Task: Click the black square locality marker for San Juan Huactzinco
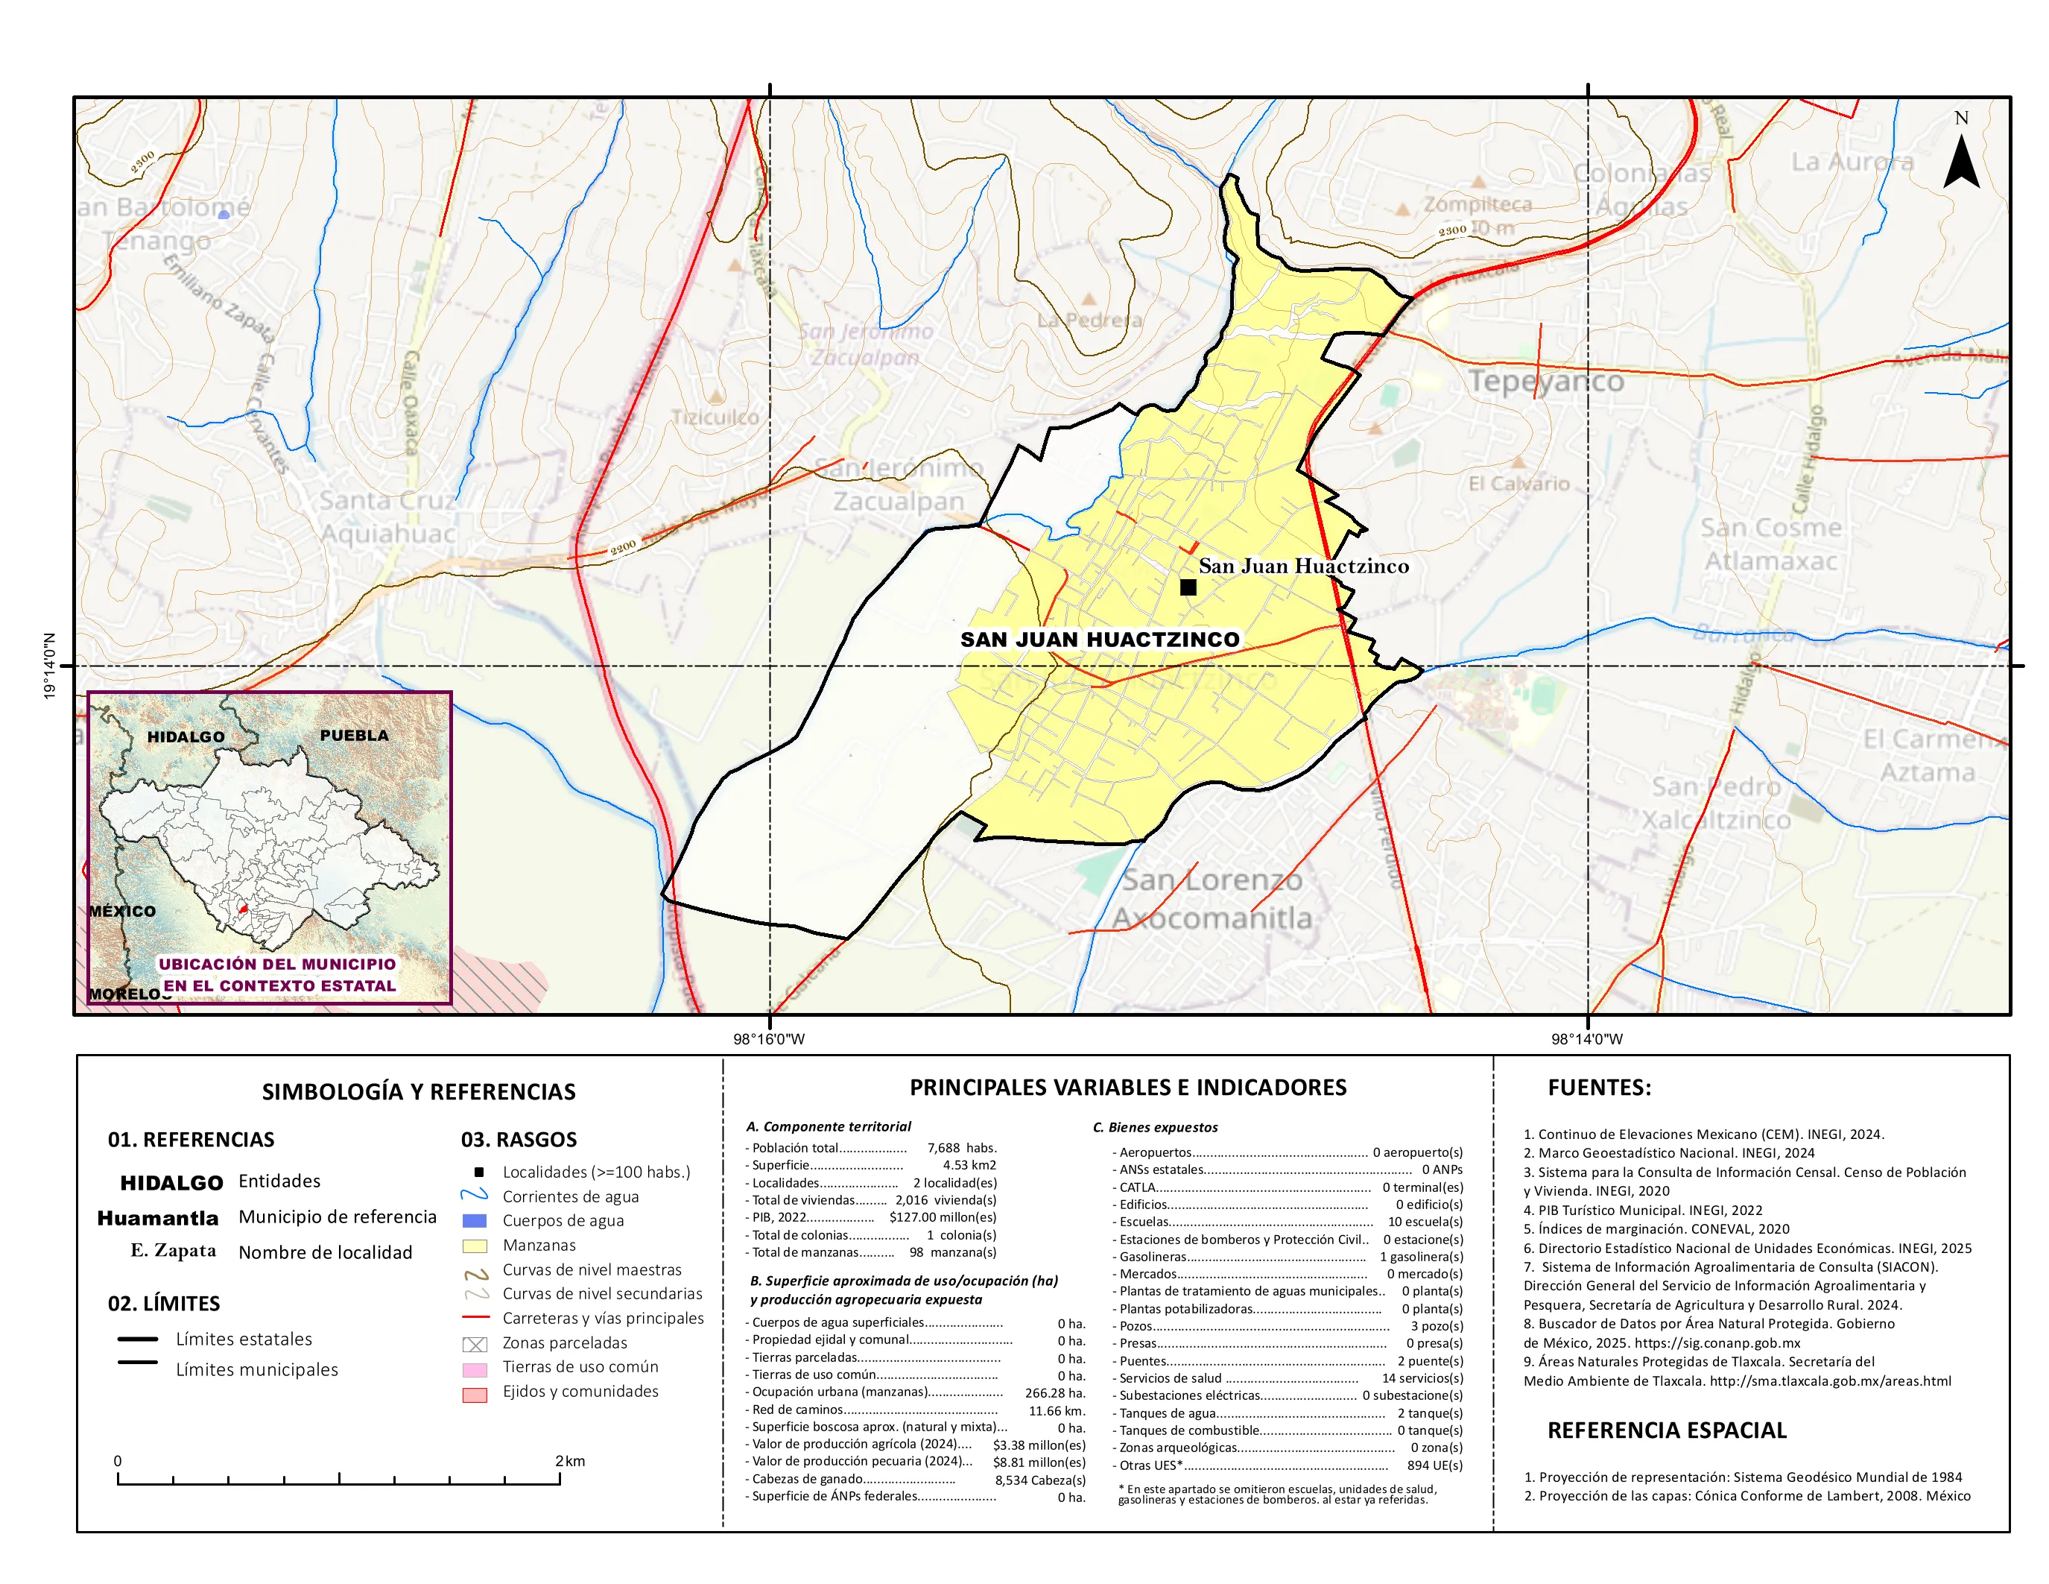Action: point(1188,587)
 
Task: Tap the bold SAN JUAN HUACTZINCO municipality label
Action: point(1100,639)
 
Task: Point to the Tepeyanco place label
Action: point(1545,381)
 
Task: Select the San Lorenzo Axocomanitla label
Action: point(1212,899)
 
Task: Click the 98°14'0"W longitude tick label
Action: point(1586,1039)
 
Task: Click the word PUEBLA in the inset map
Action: point(354,735)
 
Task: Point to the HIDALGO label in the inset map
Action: point(186,736)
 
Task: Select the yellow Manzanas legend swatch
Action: point(475,1246)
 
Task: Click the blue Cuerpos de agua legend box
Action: point(475,1221)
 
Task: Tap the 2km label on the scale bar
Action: point(569,1460)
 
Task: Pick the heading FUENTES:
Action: point(1599,1088)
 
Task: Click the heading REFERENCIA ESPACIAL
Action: point(1666,1430)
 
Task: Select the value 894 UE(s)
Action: point(1434,1465)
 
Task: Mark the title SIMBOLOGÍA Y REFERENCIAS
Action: point(419,1091)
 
